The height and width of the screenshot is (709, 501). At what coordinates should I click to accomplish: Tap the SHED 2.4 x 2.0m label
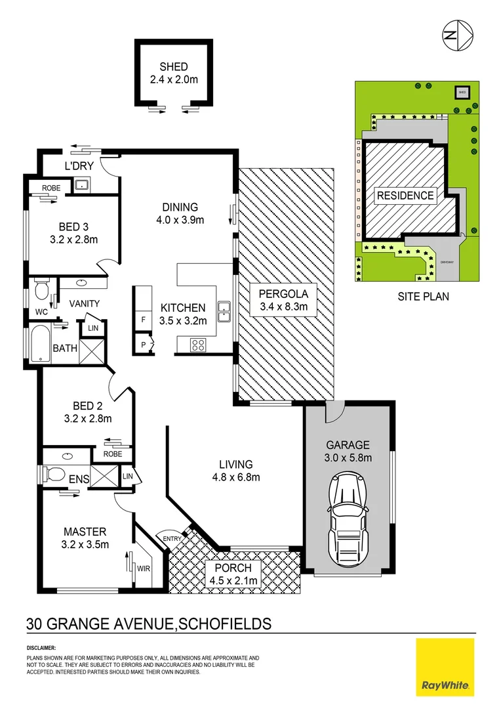[174, 73]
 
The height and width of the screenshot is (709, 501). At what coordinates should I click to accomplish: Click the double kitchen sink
[224, 311]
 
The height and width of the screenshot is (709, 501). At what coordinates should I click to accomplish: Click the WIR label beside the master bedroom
[144, 568]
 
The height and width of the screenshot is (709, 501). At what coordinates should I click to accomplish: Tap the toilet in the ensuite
[54, 473]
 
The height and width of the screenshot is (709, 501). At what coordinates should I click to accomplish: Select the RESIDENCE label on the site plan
[405, 195]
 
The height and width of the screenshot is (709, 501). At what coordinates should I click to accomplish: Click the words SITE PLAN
[423, 296]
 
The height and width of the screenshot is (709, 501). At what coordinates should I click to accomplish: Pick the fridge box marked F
[144, 318]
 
